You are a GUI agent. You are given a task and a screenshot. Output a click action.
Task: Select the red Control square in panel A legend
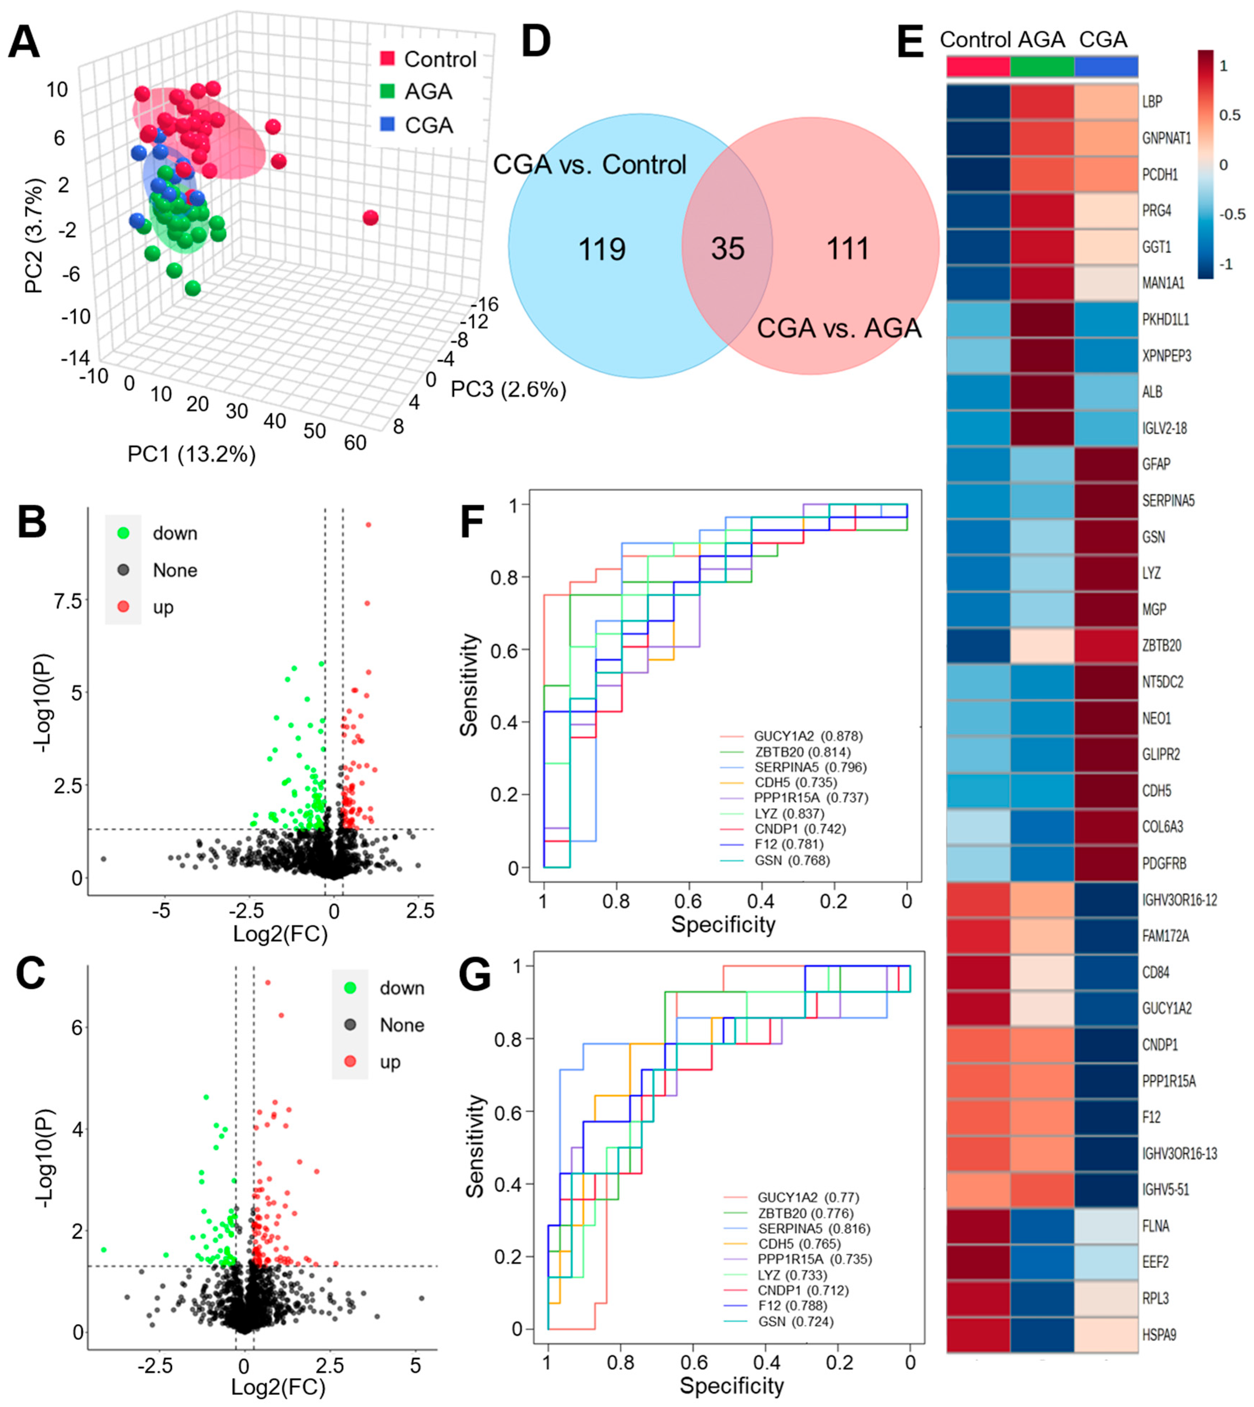pyautogui.click(x=387, y=59)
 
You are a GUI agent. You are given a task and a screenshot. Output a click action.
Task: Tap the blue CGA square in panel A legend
pyautogui.click(x=387, y=125)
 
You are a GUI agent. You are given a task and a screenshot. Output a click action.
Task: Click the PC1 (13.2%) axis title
pyautogui.click(x=192, y=454)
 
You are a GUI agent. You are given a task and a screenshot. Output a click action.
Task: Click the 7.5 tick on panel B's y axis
pyautogui.click(x=67, y=601)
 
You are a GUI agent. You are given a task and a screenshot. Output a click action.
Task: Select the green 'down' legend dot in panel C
pyautogui.click(x=350, y=987)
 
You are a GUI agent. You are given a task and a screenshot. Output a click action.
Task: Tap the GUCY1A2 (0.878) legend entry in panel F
pyautogui.click(x=807, y=736)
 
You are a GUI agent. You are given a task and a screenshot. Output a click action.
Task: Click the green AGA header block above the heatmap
pyautogui.click(x=1042, y=66)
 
